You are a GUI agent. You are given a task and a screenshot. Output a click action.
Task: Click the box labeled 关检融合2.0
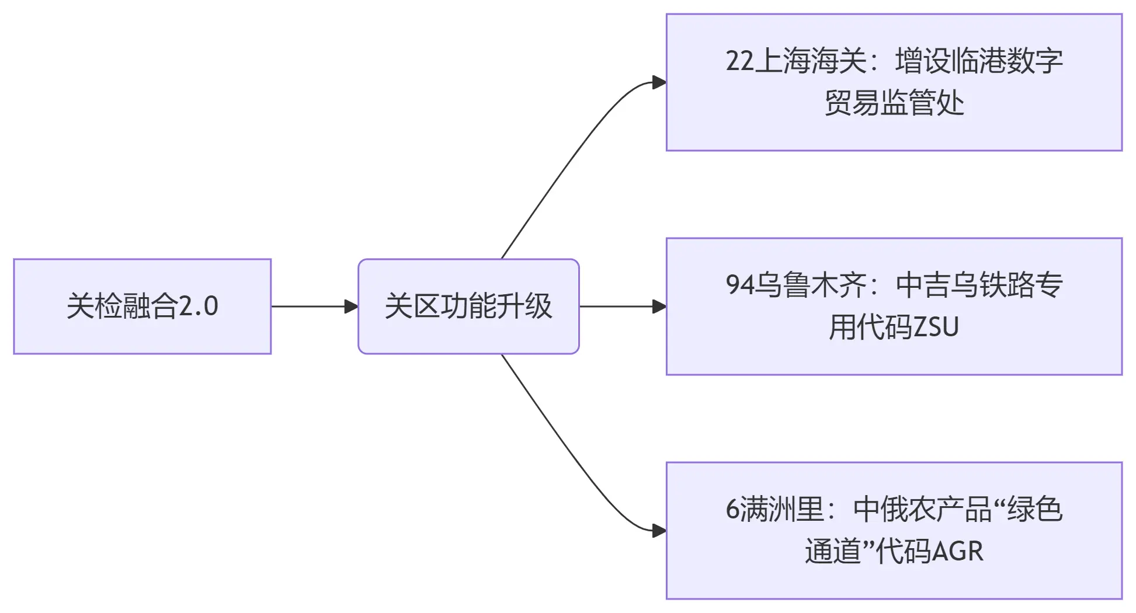tap(142, 306)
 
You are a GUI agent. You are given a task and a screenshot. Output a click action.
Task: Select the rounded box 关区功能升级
tap(468, 306)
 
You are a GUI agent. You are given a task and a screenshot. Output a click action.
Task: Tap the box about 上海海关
tap(894, 82)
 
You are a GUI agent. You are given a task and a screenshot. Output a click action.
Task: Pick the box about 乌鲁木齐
tap(894, 306)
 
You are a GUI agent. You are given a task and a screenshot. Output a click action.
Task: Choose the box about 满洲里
tap(894, 531)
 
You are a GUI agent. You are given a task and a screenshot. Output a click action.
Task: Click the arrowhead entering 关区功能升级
tap(352, 306)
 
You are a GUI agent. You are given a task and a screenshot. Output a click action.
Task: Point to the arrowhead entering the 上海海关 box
tap(659, 82)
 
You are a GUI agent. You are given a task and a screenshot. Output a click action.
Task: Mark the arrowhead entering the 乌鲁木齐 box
tap(659, 306)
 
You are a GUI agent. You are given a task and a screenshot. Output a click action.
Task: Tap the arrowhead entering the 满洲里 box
tap(659, 531)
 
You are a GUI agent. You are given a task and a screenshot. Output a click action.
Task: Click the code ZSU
tap(936, 328)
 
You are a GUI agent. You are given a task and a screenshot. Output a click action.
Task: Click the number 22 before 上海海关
tap(740, 61)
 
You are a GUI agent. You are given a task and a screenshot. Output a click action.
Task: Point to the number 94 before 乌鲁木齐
tap(740, 285)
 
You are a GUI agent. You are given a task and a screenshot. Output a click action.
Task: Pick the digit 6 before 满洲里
tap(733, 510)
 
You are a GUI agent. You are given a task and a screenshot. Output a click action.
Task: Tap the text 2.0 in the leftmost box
tap(199, 306)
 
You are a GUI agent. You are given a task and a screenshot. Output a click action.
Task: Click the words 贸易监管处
tap(894, 103)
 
